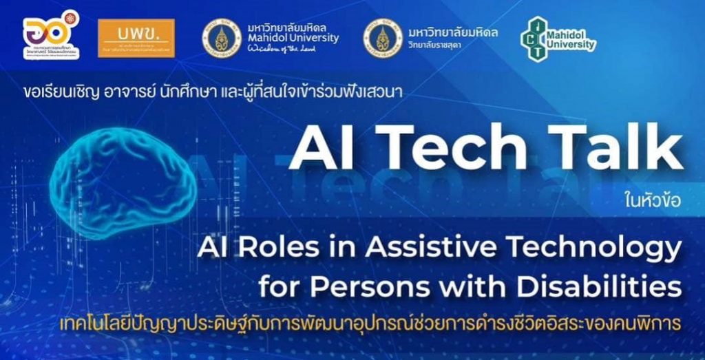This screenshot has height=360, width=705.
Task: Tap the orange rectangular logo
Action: pyautogui.click(x=136, y=37)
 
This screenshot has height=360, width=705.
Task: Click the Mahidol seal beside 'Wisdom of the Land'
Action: pyautogui.click(x=222, y=38)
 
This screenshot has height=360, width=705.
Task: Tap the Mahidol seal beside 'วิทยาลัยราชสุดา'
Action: pyautogui.click(x=383, y=38)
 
